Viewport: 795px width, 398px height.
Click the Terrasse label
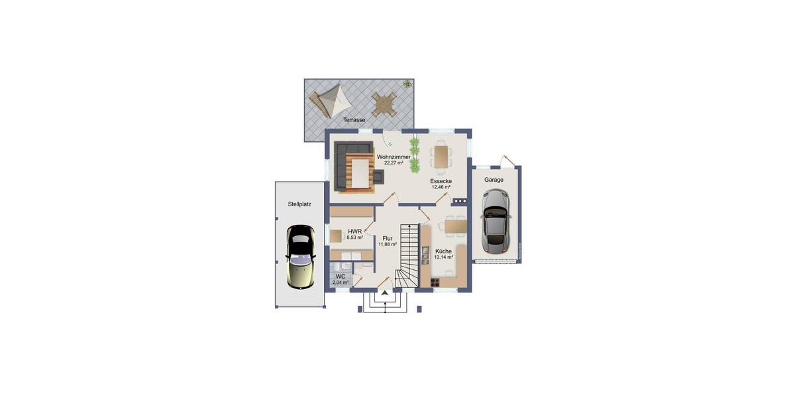[x=354, y=120]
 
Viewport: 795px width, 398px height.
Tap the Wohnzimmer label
[x=394, y=157]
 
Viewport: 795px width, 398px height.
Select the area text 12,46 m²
[x=441, y=187]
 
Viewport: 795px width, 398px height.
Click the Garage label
[x=494, y=180]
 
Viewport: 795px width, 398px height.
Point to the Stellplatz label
[x=299, y=204]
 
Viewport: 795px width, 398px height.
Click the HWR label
[x=354, y=232]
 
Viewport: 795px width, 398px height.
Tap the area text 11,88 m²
[x=388, y=244]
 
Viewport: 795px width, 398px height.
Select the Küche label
[x=443, y=251]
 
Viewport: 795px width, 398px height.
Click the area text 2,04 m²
[x=341, y=283]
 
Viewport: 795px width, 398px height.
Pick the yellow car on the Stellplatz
[x=301, y=257]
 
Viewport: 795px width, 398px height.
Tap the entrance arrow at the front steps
[x=384, y=292]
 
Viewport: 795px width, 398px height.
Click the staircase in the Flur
[x=408, y=255]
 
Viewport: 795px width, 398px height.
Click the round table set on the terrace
[x=384, y=103]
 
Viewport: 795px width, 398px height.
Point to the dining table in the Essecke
[x=442, y=157]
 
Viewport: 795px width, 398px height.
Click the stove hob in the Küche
[x=435, y=282]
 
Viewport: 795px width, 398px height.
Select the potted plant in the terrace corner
[x=407, y=84]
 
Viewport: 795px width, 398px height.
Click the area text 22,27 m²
[x=394, y=163]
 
